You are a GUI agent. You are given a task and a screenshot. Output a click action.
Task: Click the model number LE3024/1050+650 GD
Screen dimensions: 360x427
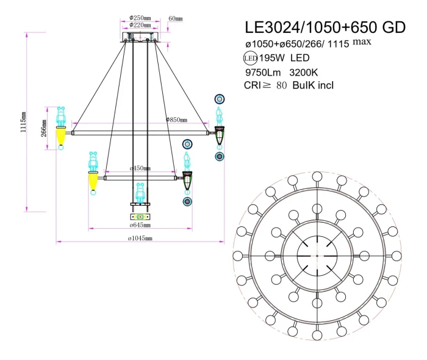325,27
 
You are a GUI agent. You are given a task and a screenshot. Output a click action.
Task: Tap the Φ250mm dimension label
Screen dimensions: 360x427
141,18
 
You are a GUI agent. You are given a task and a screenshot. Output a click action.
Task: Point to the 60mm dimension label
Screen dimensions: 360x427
175,18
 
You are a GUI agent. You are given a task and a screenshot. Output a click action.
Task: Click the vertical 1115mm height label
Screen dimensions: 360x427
23,122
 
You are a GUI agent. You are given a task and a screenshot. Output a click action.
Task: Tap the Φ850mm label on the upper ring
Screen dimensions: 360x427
176,120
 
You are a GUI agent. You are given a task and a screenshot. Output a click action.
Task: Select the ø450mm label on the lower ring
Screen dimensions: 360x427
140,168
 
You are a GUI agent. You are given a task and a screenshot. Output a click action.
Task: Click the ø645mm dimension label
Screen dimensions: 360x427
140,226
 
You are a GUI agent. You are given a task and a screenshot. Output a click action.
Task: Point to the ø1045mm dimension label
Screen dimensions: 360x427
140,239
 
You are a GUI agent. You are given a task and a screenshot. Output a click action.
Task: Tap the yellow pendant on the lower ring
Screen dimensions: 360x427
93,181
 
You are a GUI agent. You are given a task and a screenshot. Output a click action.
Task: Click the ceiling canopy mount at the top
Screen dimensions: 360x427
141,40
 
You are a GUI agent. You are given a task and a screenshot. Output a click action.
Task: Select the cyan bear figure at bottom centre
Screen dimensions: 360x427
140,192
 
